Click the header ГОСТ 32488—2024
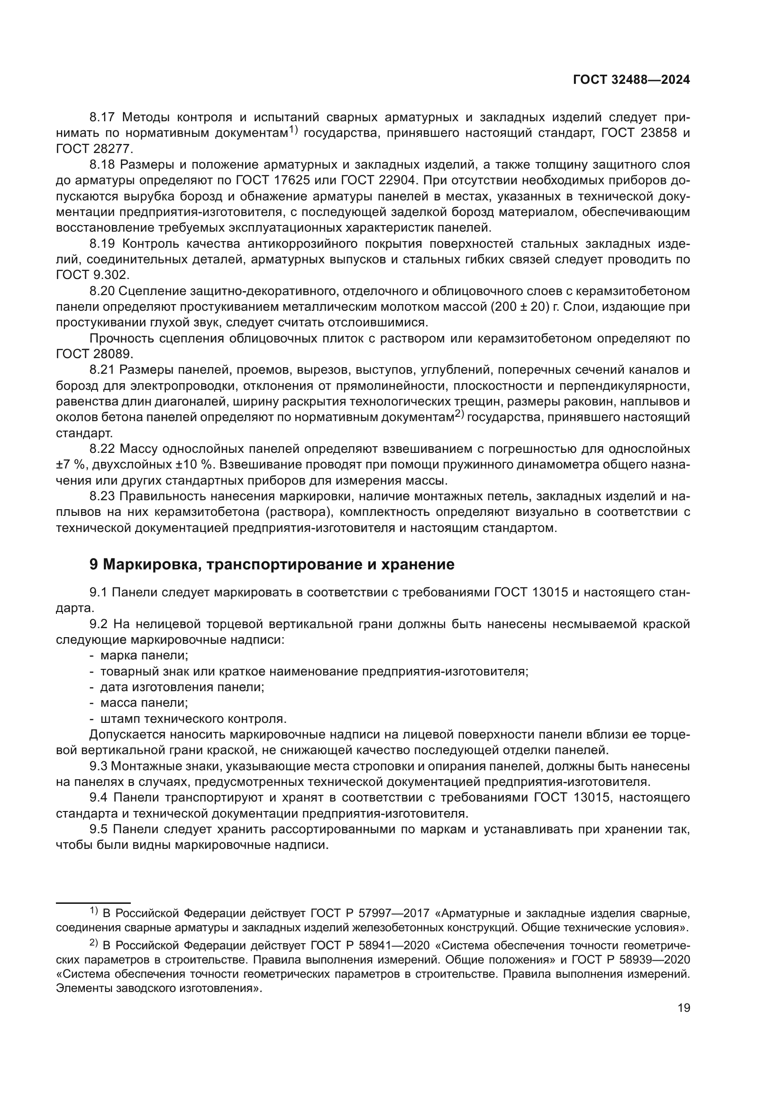pos(631,80)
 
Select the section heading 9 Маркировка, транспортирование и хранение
pos(272,564)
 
